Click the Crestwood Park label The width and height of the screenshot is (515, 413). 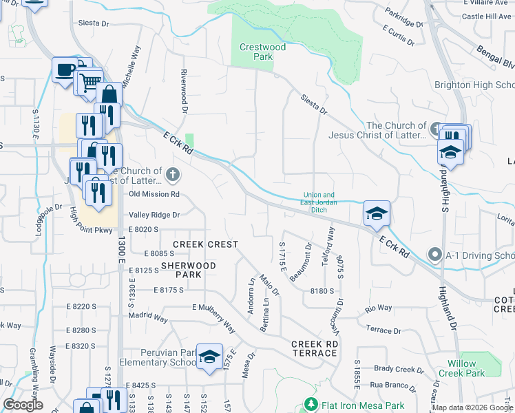click(x=253, y=52)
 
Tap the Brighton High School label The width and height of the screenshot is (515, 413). click(x=474, y=85)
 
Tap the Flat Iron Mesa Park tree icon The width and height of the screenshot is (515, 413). click(x=311, y=405)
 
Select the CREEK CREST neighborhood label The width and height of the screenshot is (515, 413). click(x=205, y=244)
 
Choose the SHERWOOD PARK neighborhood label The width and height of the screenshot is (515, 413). click(x=188, y=270)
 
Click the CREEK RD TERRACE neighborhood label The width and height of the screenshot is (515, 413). click(x=314, y=348)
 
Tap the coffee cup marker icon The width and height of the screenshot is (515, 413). click(x=65, y=70)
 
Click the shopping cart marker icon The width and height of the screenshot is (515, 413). click(x=90, y=83)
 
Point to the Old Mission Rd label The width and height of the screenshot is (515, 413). click(x=154, y=194)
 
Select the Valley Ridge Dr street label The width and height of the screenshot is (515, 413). click(x=154, y=215)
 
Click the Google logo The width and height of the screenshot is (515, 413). click(x=23, y=404)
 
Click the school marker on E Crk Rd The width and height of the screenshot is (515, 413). click(x=377, y=214)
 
